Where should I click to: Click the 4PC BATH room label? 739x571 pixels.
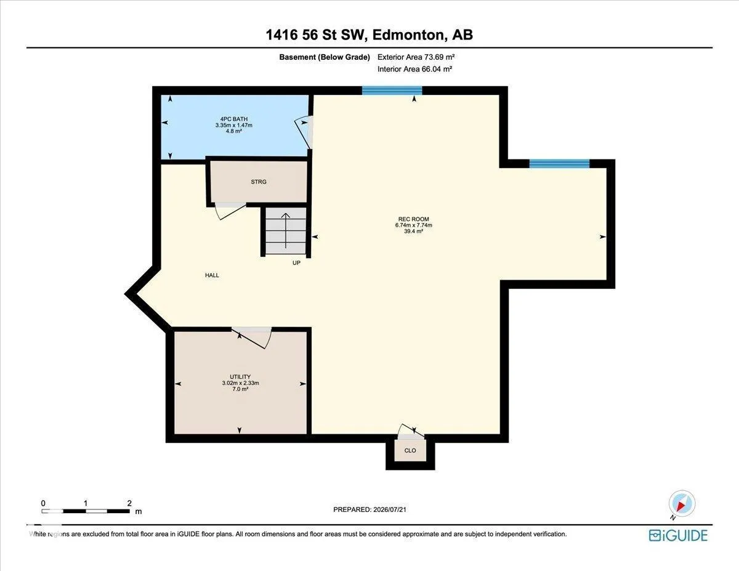233,119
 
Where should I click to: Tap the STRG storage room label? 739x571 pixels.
259,182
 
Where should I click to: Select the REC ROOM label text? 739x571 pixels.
414,219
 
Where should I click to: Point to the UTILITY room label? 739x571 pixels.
240,377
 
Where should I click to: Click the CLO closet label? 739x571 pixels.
410,451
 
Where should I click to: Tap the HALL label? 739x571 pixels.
212,275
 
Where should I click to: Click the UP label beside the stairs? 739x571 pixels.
296,263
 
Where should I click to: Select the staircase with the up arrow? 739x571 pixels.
286,231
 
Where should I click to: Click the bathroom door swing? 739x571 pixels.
304,132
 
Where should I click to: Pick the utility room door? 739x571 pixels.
252,338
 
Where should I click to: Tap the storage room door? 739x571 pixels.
230,211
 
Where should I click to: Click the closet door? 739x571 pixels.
411,431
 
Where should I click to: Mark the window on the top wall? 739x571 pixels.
392,91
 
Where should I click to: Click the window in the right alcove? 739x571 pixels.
559,164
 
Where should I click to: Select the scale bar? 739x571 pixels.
86,511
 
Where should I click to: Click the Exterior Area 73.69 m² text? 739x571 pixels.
416,57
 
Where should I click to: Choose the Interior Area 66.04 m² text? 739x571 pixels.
414,69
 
